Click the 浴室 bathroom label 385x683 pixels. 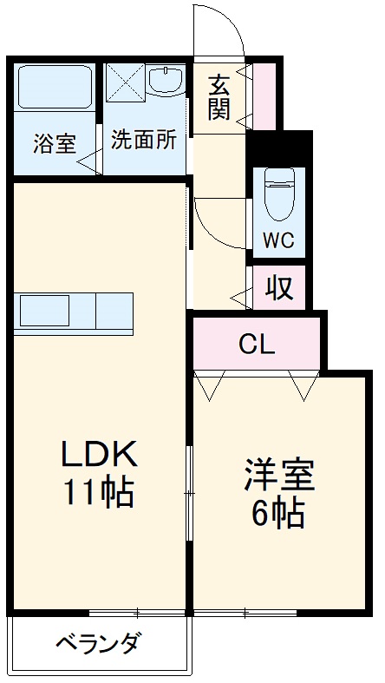click(55, 143)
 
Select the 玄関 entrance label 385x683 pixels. click(218, 98)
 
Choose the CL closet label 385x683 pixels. click(257, 345)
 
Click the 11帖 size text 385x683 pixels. click(97, 492)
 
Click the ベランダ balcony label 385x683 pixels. click(97, 645)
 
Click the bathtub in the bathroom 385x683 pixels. click(55, 87)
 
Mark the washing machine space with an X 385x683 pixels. click(124, 83)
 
